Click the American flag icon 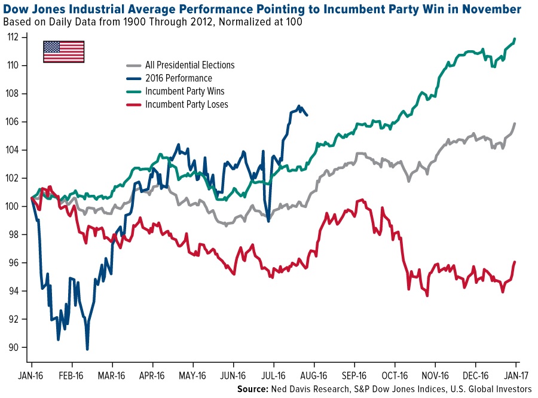pyautogui.click(x=63, y=51)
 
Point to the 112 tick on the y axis pyautogui.click(x=14, y=37)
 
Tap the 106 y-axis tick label pyautogui.click(x=14, y=122)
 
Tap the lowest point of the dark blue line pyautogui.click(x=87, y=349)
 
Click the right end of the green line pyautogui.click(x=515, y=39)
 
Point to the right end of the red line pyautogui.click(x=515, y=262)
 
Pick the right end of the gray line pyautogui.click(x=515, y=124)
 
